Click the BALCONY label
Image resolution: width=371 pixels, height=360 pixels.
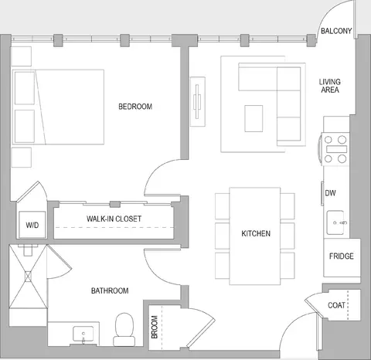[x=336, y=31]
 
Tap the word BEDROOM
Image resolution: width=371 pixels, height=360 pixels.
[x=135, y=107]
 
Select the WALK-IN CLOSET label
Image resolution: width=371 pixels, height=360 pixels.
[x=114, y=219]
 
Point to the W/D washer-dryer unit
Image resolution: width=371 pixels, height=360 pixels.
[x=32, y=225]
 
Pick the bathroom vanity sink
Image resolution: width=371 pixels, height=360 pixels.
[x=83, y=335]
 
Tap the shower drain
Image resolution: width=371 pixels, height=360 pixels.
[x=28, y=277]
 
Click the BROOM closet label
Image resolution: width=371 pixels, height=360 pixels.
[x=155, y=327]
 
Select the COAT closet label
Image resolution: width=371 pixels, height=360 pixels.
[x=336, y=305]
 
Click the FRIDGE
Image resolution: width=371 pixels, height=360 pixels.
[x=342, y=258]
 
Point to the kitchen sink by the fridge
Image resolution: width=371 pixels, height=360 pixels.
[x=335, y=222]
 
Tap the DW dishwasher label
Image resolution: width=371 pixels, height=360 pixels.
[x=330, y=193]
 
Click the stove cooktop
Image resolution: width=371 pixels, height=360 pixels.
[x=335, y=149]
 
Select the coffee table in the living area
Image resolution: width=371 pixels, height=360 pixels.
[x=254, y=118]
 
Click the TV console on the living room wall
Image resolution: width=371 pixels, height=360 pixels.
[x=198, y=101]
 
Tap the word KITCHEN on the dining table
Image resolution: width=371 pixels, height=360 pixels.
[x=256, y=233]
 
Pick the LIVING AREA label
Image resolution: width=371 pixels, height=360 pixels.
[x=330, y=86]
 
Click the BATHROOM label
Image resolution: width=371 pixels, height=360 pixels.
[x=110, y=290]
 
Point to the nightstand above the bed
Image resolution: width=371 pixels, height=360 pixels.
[x=22, y=56]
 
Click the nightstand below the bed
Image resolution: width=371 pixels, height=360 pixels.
[x=22, y=158]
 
